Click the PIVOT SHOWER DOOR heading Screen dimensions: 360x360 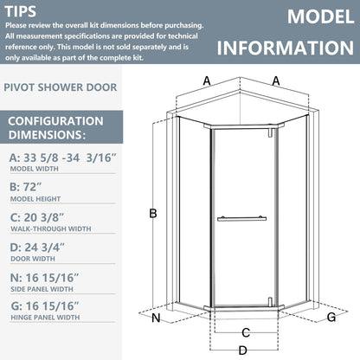pos(57,87)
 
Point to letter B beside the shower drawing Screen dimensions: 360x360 pos(152,213)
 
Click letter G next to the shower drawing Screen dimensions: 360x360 pos(331,318)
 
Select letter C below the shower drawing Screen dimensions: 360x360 pos(246,332)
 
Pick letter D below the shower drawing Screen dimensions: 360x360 pos(244,350)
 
